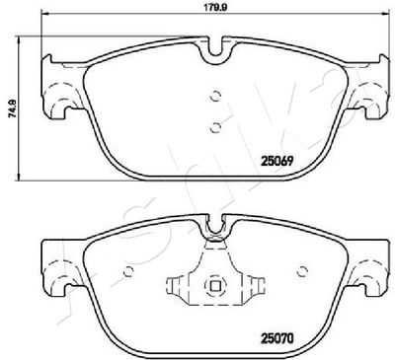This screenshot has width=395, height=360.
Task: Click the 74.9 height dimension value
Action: tap(12, 108)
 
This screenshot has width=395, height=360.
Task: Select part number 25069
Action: tap(277, 161)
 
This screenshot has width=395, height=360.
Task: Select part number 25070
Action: tap(277, 338)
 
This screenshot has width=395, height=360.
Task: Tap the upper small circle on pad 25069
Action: tap(215, 96)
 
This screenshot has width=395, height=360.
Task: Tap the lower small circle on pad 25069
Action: tap(215, 127)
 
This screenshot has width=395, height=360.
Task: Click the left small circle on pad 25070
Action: tap(128, 271)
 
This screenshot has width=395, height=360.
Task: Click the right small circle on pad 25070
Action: tap(301, 271)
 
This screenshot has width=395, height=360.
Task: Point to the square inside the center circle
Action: tap(215, 287)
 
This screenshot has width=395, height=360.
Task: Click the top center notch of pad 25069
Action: tap(215, 49)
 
